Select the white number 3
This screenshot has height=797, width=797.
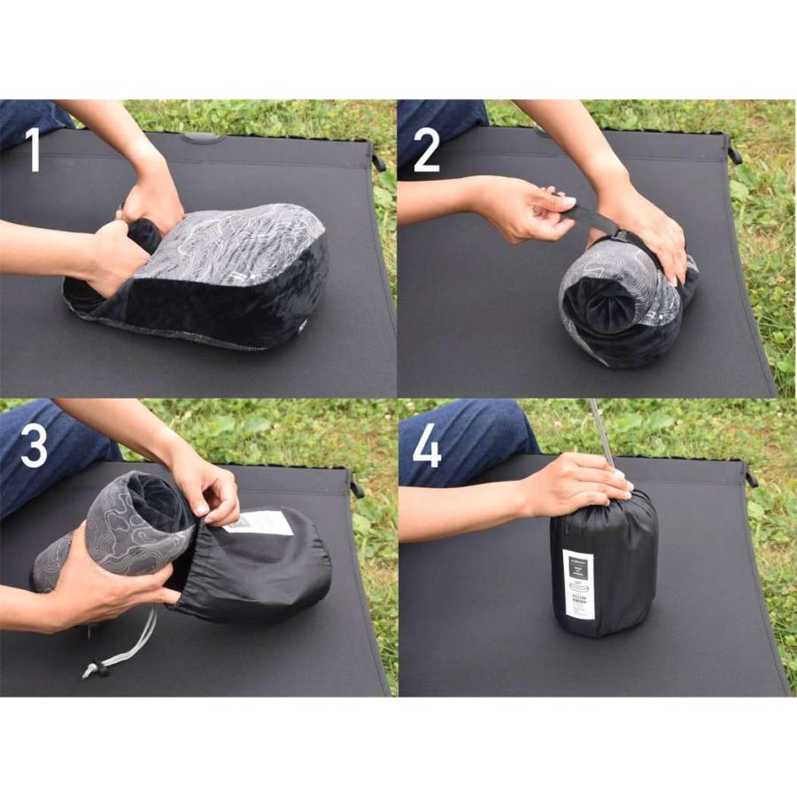coord(33,447)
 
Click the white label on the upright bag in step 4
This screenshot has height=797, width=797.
coord(577,592)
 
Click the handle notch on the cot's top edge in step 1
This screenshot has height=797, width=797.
coord(202,137)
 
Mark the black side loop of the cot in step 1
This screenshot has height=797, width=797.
coord(378,162)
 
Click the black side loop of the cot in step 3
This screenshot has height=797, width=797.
coord(356,488)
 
